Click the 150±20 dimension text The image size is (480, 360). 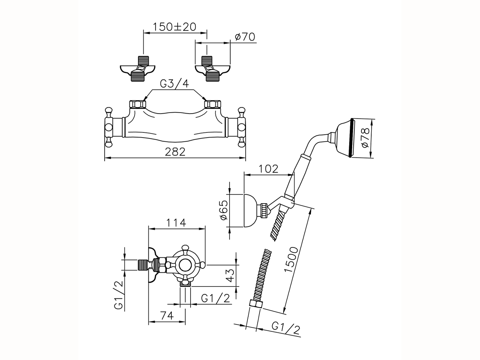(175, 27)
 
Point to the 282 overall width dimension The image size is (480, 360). (175, 152)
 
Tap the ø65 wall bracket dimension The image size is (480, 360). (223, 210)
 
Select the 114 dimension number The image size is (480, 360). (176, 222)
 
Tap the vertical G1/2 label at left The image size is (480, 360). (119, 295)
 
